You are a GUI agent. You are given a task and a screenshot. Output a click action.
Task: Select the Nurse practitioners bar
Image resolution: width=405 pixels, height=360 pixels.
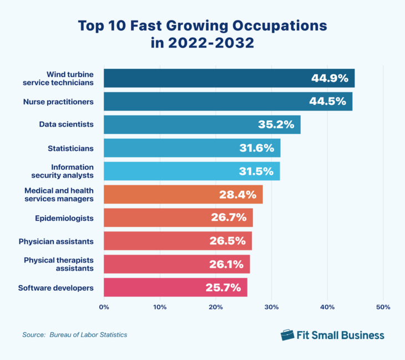click(227, 102)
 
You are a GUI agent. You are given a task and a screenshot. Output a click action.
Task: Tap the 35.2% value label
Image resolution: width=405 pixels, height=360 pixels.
click(276, 125)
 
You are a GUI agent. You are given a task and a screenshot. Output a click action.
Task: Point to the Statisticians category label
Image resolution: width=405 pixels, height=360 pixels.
click(71, 148)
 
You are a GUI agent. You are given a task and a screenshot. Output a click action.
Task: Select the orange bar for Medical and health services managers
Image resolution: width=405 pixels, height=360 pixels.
click(183, 195)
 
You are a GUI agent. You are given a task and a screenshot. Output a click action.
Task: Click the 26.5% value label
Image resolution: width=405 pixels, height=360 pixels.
click(229, 241)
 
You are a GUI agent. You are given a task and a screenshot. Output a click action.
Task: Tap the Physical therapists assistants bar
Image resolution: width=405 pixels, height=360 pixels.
click(176, 265)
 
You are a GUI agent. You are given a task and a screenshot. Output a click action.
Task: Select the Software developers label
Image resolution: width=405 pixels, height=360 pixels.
click(56, 288)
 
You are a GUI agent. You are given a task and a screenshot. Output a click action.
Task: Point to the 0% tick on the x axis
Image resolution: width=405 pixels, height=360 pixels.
click(104, 307)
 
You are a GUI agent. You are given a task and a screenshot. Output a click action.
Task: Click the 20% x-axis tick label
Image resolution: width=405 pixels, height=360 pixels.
click(216, 307)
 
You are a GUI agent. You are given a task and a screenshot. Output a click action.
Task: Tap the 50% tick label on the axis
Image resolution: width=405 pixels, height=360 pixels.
click(383, 307)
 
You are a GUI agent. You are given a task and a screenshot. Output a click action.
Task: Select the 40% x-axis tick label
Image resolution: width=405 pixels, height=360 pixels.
click(327, 307)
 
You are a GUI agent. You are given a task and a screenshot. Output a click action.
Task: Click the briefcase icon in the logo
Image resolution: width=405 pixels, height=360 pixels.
click(287, 334)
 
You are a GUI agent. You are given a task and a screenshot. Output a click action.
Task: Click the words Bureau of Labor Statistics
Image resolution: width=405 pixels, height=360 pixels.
click(88, 335)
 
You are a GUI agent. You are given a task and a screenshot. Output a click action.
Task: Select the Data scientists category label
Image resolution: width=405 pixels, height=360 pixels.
click(66, 125)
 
